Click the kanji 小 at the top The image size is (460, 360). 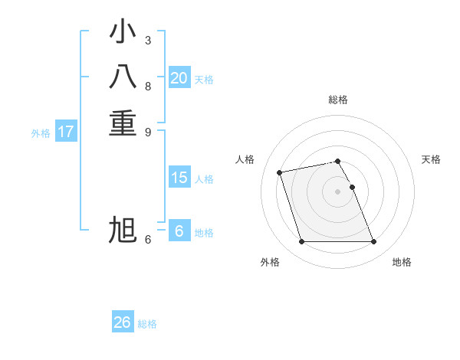tap(123, 33)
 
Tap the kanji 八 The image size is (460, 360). tap(123, 78)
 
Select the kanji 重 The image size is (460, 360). tap(123, 123)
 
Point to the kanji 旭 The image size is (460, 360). tap(123, 230)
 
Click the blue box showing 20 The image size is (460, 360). tap(179, 78)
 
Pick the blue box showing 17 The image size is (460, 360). tap(66, 132)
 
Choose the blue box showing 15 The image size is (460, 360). tap(179, 178)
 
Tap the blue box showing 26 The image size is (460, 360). tap(123, 322)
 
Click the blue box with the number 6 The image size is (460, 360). tap(179, 231)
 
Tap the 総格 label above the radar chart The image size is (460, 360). tap(338, 100)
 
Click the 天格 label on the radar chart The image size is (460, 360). tap(431, 159)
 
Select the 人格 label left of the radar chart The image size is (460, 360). tap(245, 159)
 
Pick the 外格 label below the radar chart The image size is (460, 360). tap(270, 262)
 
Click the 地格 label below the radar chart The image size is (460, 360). tap(402, 262)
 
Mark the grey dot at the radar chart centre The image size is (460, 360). tap(338, 191)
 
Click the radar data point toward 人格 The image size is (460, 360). tap(280, 172)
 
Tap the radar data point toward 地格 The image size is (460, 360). tap(373, 242)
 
